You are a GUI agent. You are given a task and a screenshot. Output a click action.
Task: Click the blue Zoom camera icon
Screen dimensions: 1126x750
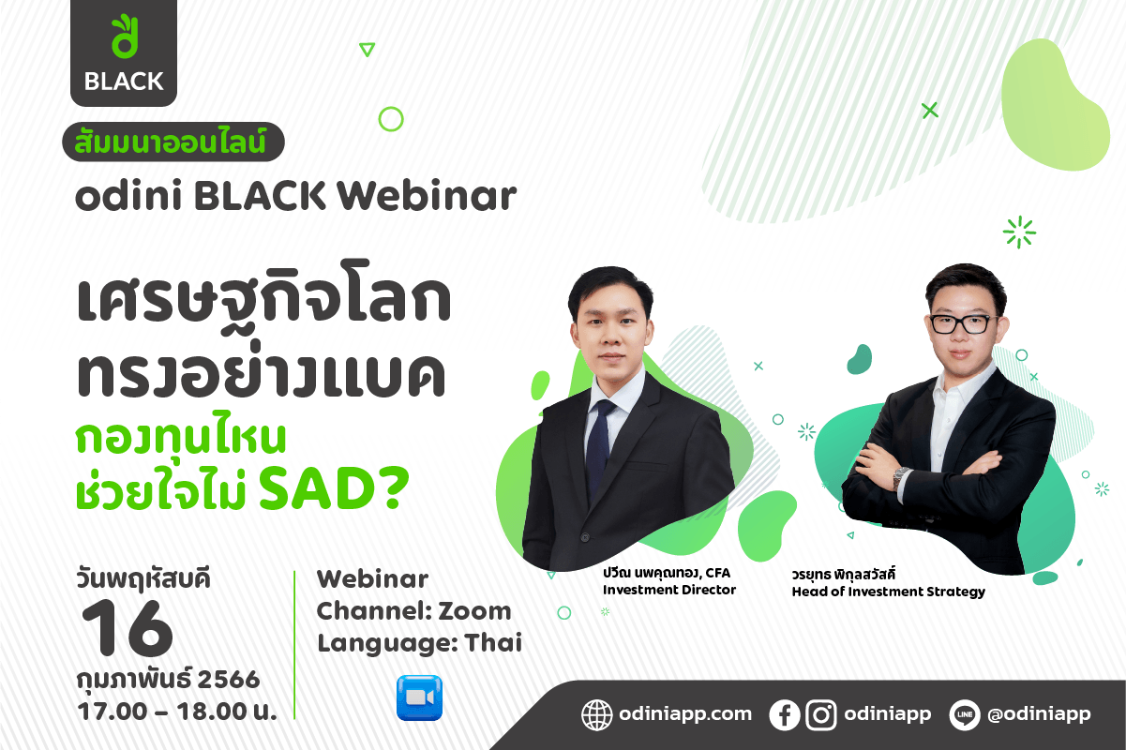click(419, 697)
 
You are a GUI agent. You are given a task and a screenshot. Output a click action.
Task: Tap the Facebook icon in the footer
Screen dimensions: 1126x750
click(784, 714)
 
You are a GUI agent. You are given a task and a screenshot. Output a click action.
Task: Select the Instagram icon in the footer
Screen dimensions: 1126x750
click(821, 714)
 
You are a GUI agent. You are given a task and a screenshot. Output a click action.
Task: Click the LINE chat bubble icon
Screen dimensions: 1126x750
click(965, 714)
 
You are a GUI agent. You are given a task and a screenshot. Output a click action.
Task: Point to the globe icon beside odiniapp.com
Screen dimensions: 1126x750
click(596, 714)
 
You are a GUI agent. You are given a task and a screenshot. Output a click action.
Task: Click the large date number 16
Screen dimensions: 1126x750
click(128, 628)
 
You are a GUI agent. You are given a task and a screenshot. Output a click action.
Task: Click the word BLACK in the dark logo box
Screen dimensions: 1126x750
click(124, 82)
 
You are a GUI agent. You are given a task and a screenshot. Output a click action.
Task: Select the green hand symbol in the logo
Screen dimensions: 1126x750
click(124, 37)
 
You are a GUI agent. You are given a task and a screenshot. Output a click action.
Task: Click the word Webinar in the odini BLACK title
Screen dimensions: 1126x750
click(427, 195)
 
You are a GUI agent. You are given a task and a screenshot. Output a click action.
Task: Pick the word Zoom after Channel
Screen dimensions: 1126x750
click(474, 611)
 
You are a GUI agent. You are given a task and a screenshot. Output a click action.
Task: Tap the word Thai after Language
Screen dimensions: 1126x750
click(493, 643)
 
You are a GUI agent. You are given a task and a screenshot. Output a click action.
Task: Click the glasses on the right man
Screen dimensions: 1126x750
click(963, 324)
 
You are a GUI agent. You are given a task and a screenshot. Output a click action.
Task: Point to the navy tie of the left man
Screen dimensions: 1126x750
click(600, 447)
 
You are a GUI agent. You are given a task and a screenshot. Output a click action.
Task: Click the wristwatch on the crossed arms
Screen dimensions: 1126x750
click(900, 478)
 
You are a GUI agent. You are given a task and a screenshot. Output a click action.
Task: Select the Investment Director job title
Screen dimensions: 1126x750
click(669, 590)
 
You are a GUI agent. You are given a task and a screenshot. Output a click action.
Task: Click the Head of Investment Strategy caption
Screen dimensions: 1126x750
click(888, 592)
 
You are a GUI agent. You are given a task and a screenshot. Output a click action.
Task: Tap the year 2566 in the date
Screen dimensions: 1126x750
click(229, 680)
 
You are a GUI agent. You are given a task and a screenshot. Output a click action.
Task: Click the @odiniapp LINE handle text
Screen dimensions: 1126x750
click(1039, 714)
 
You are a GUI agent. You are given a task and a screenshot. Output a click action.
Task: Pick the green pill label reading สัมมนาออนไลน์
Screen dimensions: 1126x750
click(173, 142)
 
